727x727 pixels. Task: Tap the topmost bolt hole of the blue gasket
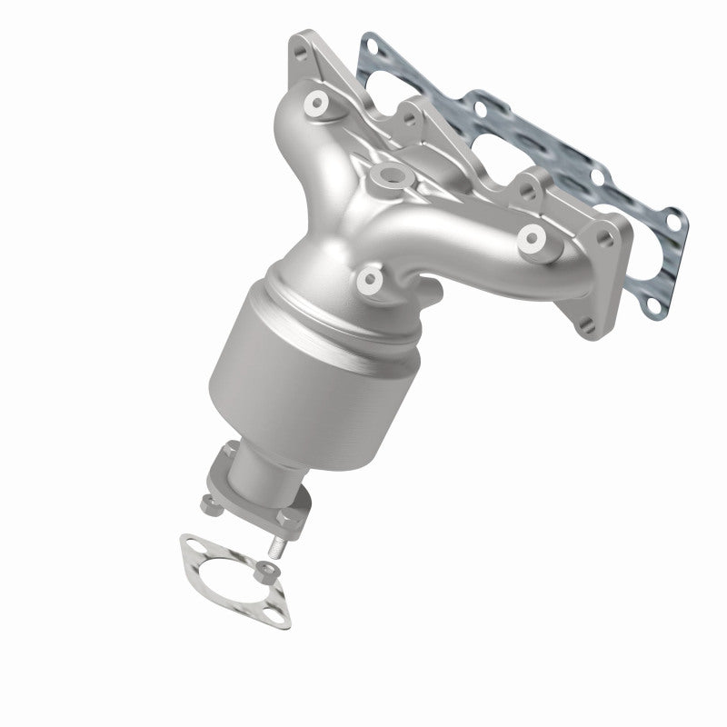coord(368,41)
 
